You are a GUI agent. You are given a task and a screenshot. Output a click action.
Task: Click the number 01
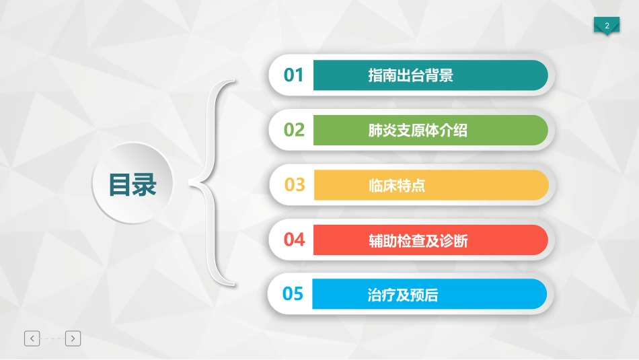pyautogui.click(x=294, y=75)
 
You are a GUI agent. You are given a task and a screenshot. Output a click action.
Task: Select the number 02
pyautogui.click(x=294, y=130)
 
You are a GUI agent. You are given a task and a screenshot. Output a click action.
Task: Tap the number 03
pyautogui.click(x=295, y=184)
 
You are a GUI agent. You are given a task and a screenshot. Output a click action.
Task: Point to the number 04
pyautogui.click(x=294, y=240)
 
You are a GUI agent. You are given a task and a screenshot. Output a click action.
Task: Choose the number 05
pyautogui.click(x=293, y=294)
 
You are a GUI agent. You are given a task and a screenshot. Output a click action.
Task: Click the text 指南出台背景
pyautogui.click(x=410, y=75)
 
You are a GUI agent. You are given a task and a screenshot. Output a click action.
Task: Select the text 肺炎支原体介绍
pyautogui.click(x=418, y=131)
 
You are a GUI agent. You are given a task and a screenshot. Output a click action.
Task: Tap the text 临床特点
pyautogui.click(x=397, y=185)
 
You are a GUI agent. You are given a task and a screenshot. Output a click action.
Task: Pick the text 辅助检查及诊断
pyautogui.click(x=418, y=240)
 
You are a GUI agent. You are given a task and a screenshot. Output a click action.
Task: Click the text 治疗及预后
pyautogui.click(x=404, y=295)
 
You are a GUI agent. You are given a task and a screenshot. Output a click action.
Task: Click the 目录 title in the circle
pyautogui.click(x=133, y=184)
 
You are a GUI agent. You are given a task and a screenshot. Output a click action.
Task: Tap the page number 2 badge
pyautogui.click(x=607, y=26)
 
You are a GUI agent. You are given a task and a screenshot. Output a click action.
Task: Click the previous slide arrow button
pyautogui.click(x=32, y=338)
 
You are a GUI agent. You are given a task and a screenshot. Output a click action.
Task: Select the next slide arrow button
pyautogui.click(x=73, y=338)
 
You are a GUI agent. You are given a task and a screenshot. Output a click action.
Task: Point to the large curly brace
pyautogui.click(x=214, y=182)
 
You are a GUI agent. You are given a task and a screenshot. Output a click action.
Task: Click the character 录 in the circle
pyautogui.click(x=145, y=184)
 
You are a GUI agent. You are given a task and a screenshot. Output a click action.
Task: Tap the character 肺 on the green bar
pyautogui.click(x=375, y=131)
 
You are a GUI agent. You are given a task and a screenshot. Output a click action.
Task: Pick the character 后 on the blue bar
pyautogui.click(x=431, y=295)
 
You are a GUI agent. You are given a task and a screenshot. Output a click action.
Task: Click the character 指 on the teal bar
pyautogui.click(x=375, y=75)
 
